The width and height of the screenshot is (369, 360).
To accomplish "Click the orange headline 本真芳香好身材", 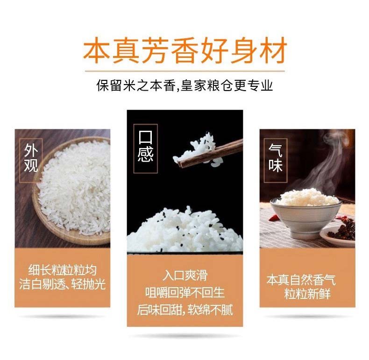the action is (185, 50).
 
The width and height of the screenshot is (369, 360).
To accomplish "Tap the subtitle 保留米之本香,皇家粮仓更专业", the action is (185, 85).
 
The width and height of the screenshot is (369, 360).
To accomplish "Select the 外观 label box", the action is (31, 161).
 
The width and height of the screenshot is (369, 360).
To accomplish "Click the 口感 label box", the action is (145, 148).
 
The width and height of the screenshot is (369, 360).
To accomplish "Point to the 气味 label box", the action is (276, 161).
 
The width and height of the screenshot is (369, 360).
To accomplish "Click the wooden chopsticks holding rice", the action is (210, 154).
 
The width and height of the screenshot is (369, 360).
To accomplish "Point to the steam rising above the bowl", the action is (327, 162).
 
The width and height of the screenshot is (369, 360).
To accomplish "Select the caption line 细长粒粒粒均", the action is (63, 270).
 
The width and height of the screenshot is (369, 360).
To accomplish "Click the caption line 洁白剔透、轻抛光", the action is (63, 284).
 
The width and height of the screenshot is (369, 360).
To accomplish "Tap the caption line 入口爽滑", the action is (185, 275).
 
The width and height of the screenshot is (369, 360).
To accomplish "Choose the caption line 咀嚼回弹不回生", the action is (185, 292).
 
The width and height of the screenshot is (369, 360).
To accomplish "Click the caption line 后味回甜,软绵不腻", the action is (185, 310).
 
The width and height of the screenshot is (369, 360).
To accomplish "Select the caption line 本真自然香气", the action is (301, 280).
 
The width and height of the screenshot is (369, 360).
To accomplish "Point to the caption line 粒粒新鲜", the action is (307, 294).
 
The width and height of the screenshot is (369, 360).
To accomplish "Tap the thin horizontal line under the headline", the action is (185, 71).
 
